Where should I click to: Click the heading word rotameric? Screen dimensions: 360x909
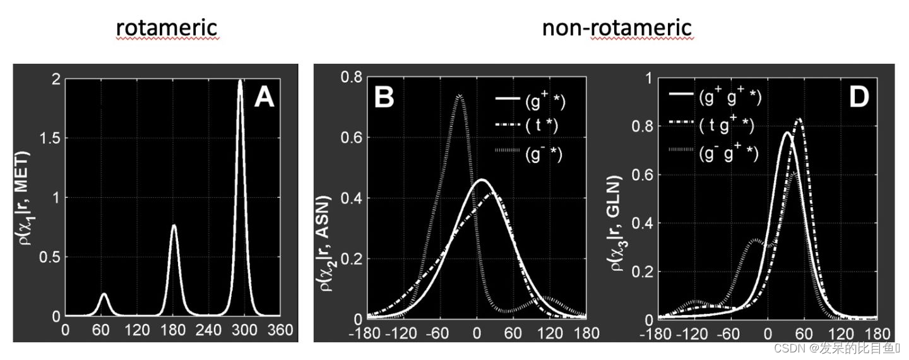pos(167,28)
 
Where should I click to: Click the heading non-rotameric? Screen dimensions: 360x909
pos(617,28)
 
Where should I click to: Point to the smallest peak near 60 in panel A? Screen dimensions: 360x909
pos(104,294)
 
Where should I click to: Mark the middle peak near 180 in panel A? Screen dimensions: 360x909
pos(174,225)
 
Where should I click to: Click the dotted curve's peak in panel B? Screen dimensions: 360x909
pos(460,96)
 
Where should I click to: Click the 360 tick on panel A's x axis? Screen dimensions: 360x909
pos(280,330)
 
